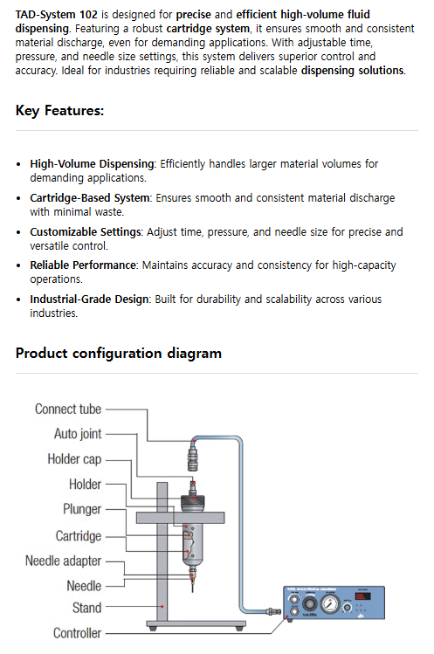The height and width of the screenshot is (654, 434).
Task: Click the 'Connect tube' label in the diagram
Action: click(x=68, y=410)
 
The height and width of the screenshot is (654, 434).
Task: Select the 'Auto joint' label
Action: click(x=78, y=434)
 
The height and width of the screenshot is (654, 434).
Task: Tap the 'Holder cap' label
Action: click(x=74, y=458)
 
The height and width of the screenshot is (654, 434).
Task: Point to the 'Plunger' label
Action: click(x=82, y=509)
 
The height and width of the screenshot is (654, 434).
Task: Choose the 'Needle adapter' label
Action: click(x=63, y=561)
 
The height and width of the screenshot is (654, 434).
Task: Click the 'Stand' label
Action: click(x=86, y=608)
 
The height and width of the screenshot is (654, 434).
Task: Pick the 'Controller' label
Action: click(x=77, y=633)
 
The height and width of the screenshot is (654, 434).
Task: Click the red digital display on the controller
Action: click(x=362, y=596)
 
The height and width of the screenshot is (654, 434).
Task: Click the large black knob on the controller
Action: click(x=310, y=603)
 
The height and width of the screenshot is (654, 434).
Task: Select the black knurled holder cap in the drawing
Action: click(x=192, y=500)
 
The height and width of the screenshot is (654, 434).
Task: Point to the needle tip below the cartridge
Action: click(x=192, y=591)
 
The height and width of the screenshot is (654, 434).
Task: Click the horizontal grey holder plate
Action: click(x=180, y=518)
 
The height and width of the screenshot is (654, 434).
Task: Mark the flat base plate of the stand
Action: click(x=196, y=624)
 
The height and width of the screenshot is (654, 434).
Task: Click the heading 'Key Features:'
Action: click(x=59, y=111)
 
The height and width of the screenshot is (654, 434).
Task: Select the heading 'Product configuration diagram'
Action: click(x=119, y=354)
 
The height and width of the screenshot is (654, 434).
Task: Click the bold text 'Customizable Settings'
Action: click(x=86, y=232)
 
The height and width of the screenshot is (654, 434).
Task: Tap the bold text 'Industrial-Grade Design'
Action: click(x=89, y=299)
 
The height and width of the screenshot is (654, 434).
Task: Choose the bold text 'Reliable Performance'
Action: click(x=83, y=265)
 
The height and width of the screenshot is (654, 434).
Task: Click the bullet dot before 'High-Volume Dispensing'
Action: click(x=18, y=164)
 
